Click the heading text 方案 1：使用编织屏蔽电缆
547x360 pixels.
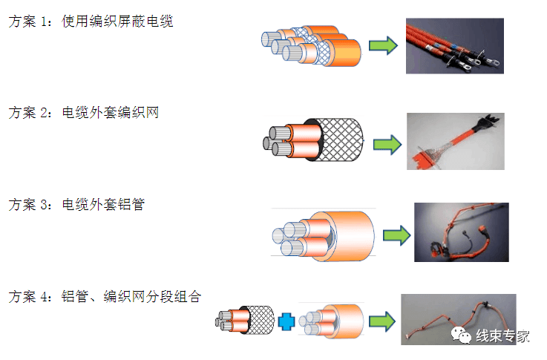click(91, 22)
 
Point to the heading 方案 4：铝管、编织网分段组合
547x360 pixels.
click(105, 296)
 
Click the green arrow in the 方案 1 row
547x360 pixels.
click(382, 46)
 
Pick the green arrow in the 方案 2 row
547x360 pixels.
click(385, 143)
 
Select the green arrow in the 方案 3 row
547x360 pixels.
click(396, 235)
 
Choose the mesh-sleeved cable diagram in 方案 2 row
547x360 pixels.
click(315, 140)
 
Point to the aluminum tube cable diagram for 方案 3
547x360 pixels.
click(323, 235)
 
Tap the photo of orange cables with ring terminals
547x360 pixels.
click(455, 46)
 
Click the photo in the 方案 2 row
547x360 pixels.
click(455, 141)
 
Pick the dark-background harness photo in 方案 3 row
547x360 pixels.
click(461, 232)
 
